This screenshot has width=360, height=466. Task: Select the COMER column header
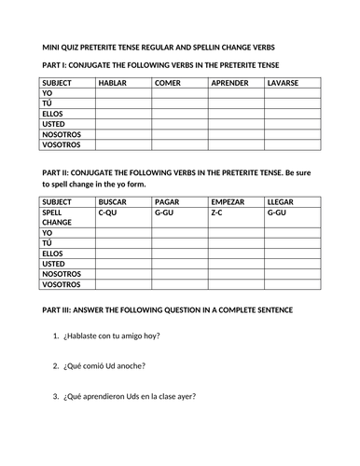click(169, 83)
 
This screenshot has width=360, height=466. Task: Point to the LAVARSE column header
click(284, 83)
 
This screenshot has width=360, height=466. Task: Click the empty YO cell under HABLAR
click(123, 94)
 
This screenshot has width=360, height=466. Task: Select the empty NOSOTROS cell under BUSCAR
click(123, 274)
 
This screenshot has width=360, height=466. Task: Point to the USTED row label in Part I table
click(55, 125)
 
